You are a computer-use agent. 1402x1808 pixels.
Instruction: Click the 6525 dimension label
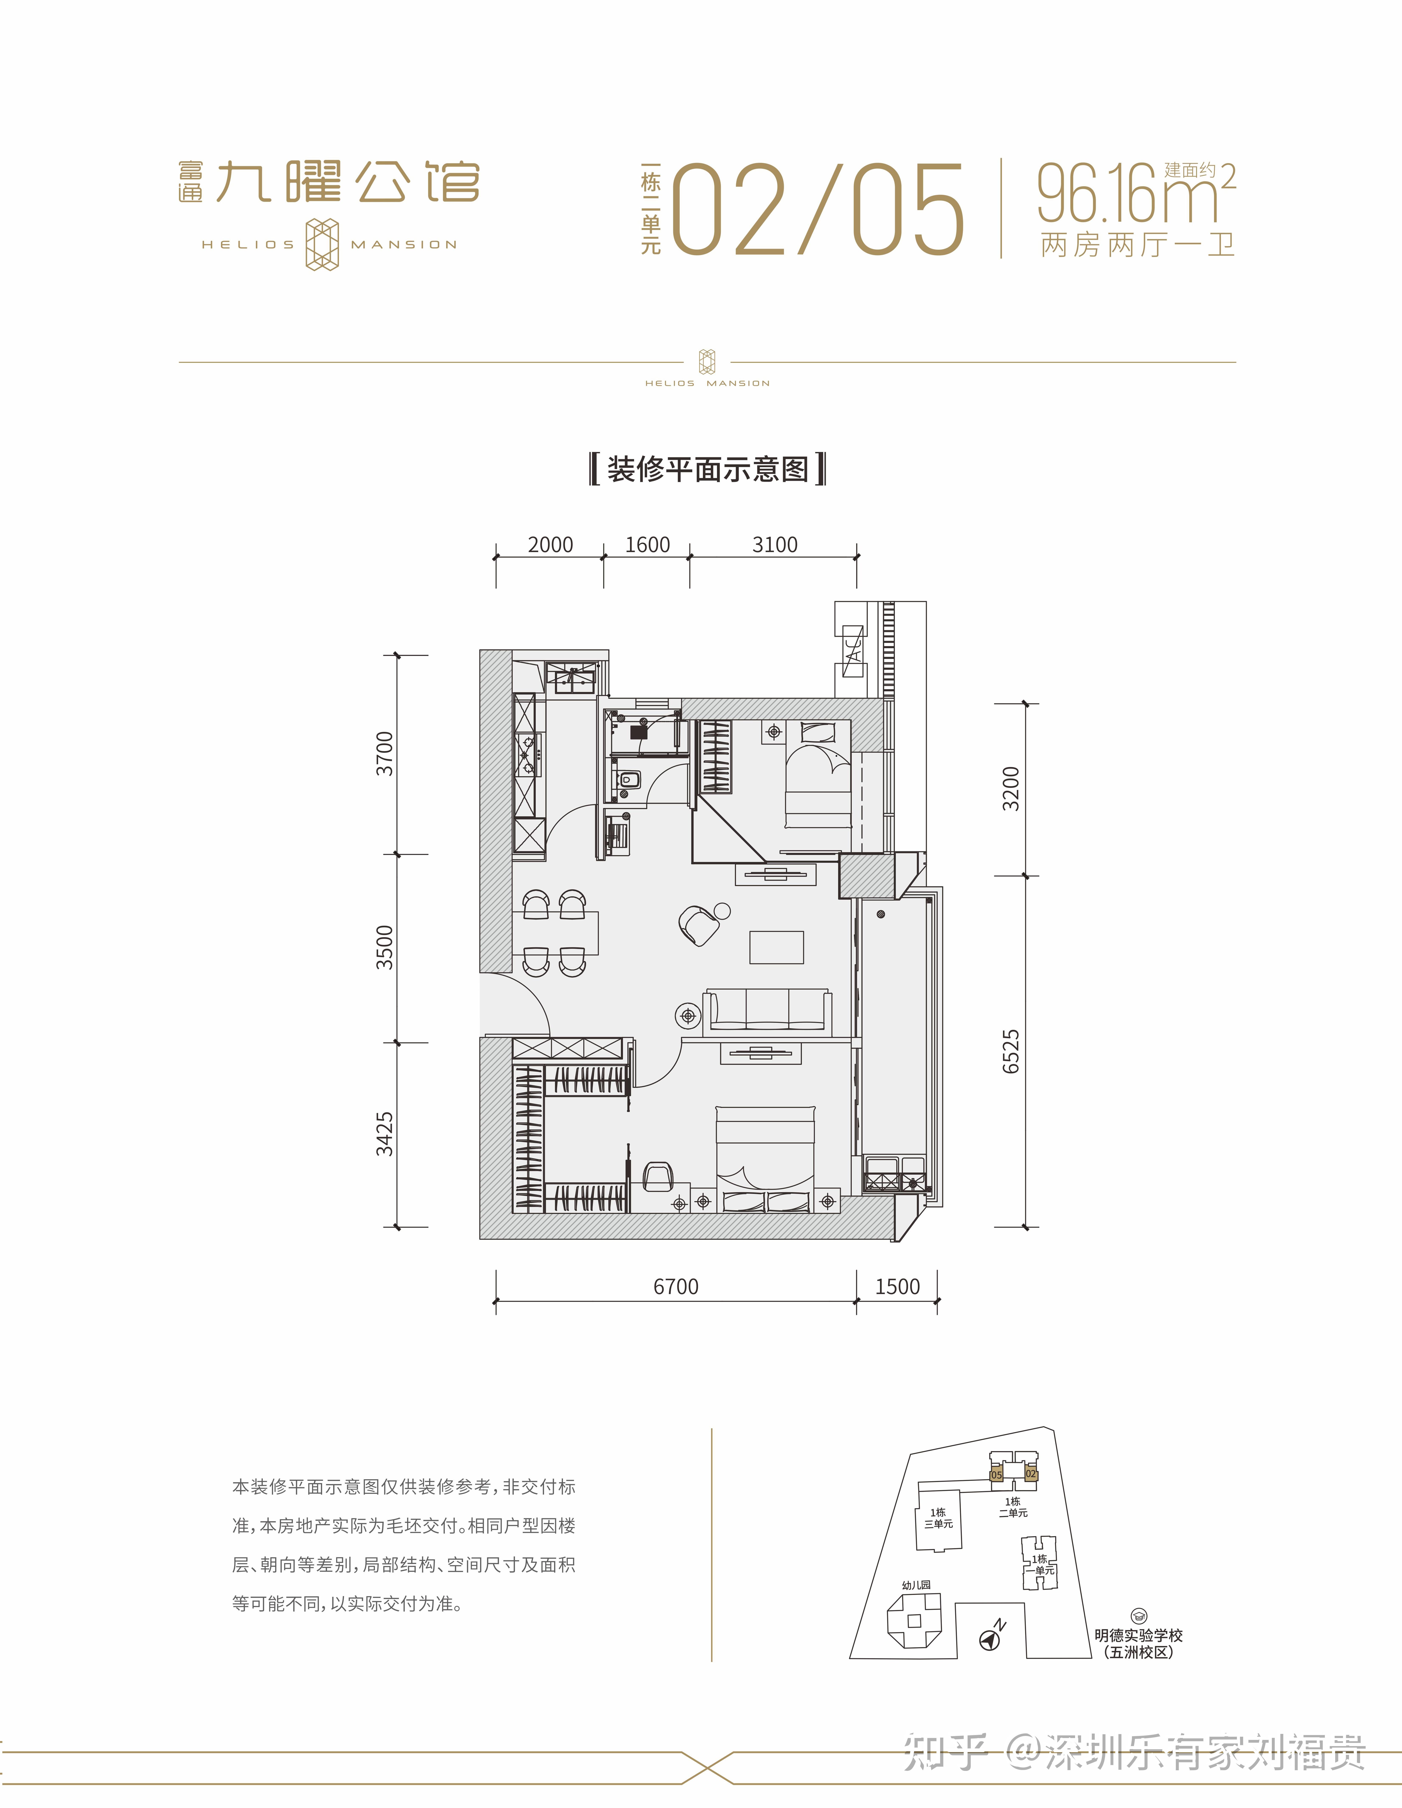1010,1051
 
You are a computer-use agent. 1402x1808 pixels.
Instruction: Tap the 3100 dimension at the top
775,545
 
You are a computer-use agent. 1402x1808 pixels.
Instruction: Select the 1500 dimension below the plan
897,1287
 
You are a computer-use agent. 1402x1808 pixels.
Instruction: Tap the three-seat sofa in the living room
767,1010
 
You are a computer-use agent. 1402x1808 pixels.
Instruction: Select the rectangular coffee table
776,947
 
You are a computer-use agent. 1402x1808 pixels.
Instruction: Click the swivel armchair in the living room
699,925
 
